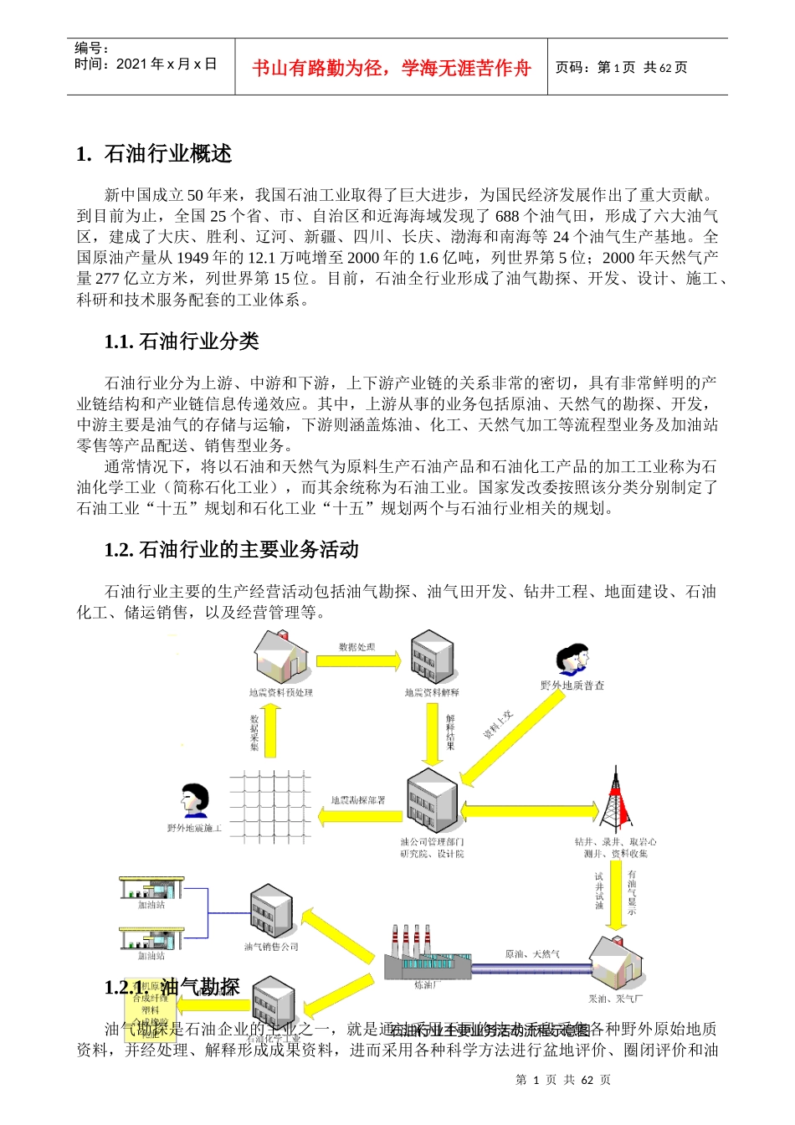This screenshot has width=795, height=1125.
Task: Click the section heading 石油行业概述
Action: point(167,154)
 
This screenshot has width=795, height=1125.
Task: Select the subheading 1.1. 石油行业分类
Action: point(182,342)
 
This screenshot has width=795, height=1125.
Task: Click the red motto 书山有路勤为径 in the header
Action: point(391,68)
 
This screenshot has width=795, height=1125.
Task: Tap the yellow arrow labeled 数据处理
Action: point(358,661)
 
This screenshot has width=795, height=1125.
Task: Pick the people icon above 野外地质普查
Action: point(572,660)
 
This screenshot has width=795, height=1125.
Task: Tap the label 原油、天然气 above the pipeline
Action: point(532,954)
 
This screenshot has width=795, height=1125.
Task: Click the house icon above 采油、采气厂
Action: point(616,963)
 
